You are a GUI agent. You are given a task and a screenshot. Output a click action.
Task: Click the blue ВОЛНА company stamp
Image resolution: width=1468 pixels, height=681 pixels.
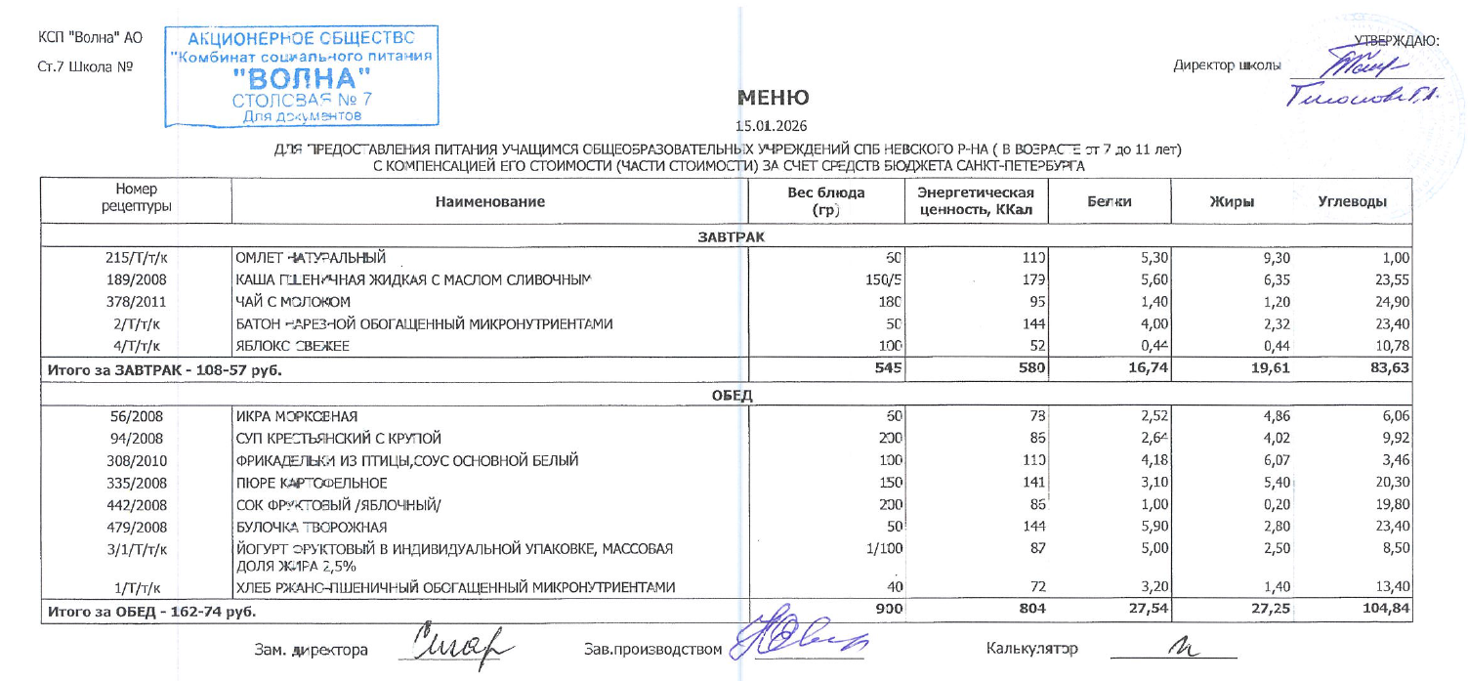[301, 77]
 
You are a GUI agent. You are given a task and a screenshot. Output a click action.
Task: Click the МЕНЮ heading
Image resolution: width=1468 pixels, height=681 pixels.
[773, 98]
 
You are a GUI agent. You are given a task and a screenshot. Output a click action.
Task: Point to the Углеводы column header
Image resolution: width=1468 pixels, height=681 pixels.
[1352, 202]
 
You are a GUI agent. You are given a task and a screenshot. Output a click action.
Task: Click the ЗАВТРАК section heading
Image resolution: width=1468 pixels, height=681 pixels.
[731, 237]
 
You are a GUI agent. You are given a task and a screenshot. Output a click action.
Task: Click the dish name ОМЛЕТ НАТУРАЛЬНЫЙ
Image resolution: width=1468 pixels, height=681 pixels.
[312, 259]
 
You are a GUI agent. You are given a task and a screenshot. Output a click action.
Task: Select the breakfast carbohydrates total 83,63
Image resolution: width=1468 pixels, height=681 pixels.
[1388, 369]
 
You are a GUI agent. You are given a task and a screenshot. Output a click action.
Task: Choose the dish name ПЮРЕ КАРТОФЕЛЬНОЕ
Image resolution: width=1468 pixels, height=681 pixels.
[312, 482]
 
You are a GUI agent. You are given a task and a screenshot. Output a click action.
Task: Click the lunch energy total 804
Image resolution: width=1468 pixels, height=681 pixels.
[1031, 609]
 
